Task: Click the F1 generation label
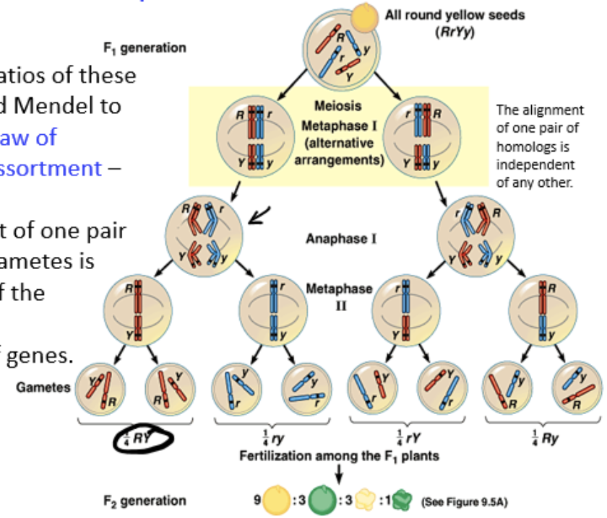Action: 145,48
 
